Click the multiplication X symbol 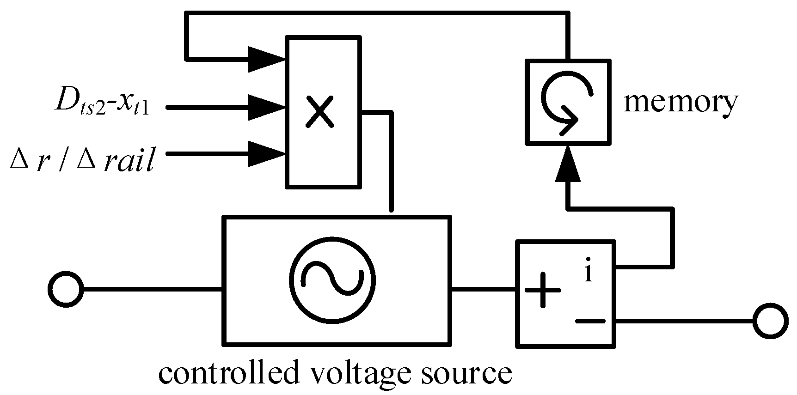click(320, 112)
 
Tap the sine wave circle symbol click(332, 280)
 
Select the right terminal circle click(770, 321)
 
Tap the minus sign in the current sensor click(590, 321)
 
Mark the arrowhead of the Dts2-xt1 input click(267, 108)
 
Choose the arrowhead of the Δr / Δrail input click(267, 153)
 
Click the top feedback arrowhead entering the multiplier click(267, 59)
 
